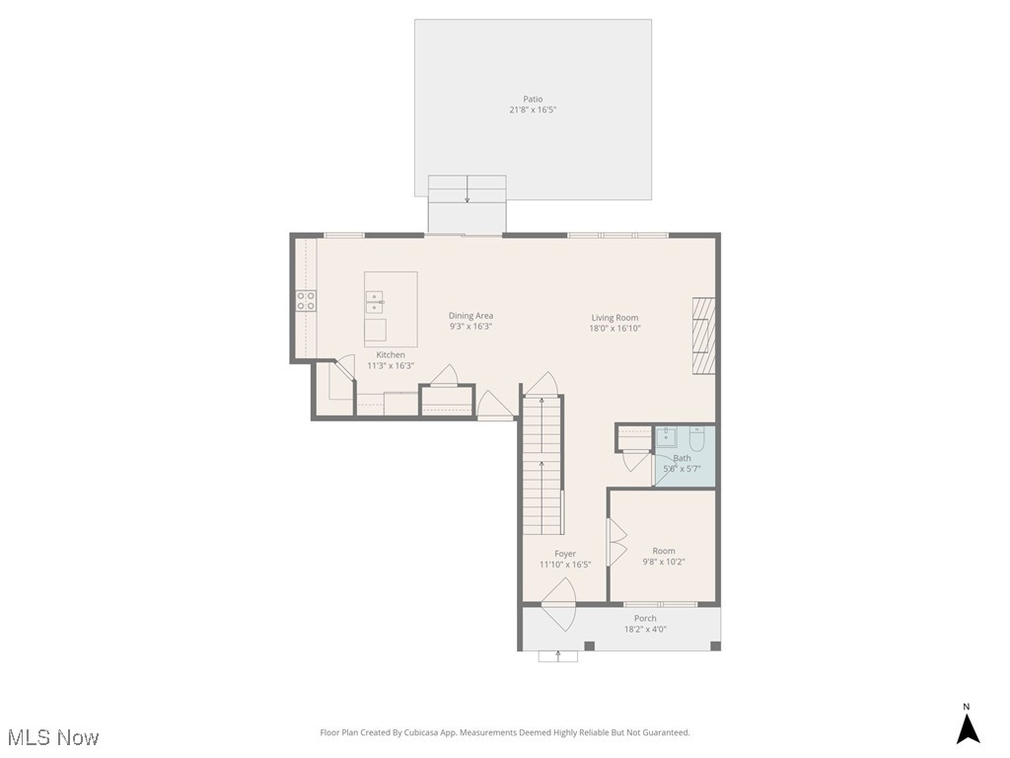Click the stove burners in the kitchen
[306, 301]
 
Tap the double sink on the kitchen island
[376, 302]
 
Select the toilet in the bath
[696, 438]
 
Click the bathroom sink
[668, 436]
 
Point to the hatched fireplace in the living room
[702, 336]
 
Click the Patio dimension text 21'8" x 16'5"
[533, 110]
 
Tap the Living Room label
[615, 318]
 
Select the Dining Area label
[470, 316]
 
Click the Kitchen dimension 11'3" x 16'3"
[391, 365]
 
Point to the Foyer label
[564, 554]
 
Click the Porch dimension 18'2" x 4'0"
[645, 629]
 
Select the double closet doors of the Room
[616, 543]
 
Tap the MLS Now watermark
[53, 737]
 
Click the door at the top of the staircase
[541, 383]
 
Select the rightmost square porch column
[715, 645]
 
